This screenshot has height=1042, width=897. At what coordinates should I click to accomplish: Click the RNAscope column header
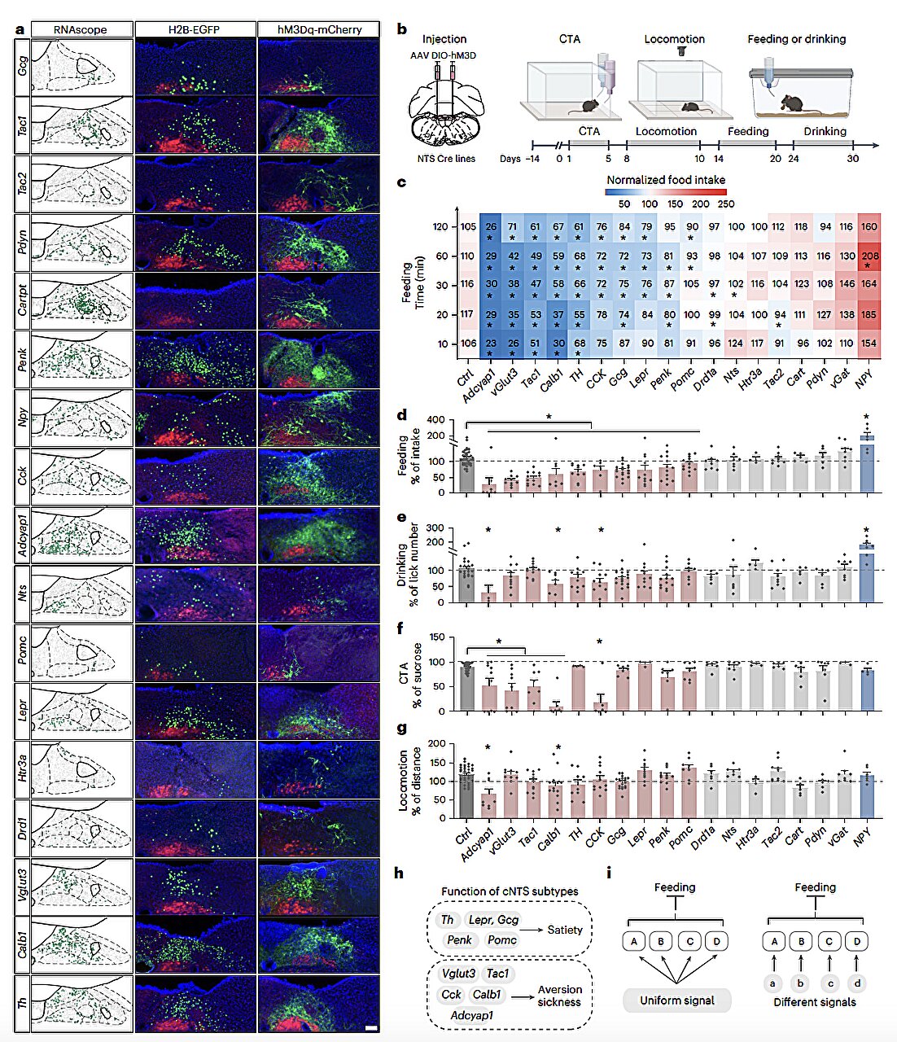tap(81, 30)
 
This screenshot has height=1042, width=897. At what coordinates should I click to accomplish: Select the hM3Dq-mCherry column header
tap(318, 30)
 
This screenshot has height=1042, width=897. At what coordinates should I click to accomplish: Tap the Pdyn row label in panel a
tap(23, 242)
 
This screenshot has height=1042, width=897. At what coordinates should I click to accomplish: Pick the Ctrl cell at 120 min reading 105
tap(467, 227)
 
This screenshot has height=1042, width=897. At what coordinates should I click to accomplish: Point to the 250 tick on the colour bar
tap(726, 204)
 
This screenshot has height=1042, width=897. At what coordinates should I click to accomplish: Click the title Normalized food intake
tap(666, 180)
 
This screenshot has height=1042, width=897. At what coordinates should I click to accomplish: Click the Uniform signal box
tap(677, 1000)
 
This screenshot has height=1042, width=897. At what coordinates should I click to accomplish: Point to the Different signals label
tap(815, 1002)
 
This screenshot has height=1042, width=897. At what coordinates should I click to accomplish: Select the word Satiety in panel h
tap(565, 930)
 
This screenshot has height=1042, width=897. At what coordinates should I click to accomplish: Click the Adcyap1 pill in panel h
tap(472, 1015)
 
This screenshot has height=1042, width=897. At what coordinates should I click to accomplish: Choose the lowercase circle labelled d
tap(856, 983)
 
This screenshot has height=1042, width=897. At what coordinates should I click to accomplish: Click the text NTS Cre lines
tap(444, 158)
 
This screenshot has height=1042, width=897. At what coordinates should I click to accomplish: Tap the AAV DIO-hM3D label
tap(443, 55)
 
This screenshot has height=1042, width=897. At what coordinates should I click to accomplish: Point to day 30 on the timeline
tap(852, 159)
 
